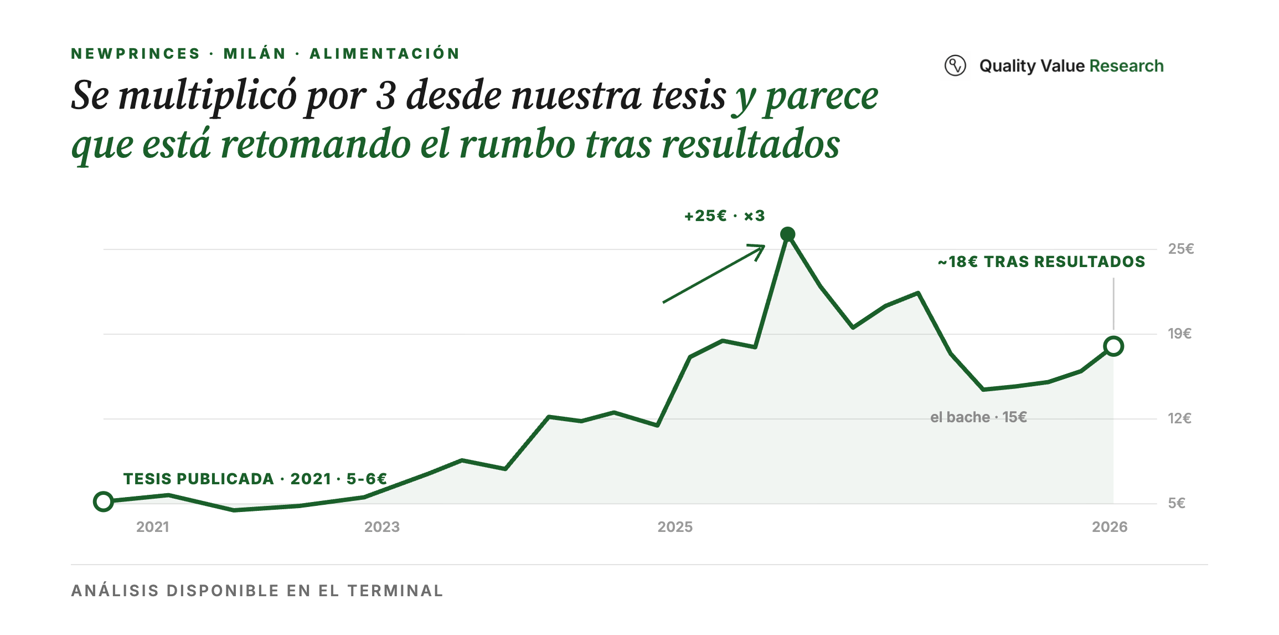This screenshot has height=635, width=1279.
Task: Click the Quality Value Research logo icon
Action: (x=955, y=65)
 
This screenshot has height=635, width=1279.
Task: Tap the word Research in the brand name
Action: (x=1126, y=66)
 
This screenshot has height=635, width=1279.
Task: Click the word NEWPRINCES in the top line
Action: (x=136, y=54)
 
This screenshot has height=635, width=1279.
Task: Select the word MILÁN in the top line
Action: (x=255, y=53)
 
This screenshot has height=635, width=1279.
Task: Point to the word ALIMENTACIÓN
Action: (x=385, y=53)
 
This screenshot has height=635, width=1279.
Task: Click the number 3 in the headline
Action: (x=386, y=95)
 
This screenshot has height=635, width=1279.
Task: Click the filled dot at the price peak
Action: (x=787, y=234)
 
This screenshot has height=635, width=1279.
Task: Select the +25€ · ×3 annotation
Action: (x=725, y=216)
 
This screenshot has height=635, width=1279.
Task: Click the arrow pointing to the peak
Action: (x=714, y=274)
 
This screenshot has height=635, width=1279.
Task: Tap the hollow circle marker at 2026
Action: (x=1113, y=346)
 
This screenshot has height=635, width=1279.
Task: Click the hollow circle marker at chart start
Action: (x=104, y=501)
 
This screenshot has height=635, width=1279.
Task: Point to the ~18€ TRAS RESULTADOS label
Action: (x=1041, y=262)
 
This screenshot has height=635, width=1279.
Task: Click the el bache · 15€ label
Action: (x=978, y=417)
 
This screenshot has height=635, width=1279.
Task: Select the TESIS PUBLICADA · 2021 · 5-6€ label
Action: (x=255, y=479)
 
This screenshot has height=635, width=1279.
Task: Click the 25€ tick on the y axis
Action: (x=1181, y=249)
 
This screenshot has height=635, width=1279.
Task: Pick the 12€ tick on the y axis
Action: (x=1180, y=418)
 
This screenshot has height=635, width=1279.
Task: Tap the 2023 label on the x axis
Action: (x=382, y=527)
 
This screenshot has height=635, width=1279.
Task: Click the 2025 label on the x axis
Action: (x=675, y=527)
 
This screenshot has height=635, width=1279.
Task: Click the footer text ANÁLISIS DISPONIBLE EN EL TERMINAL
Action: (x=257, y=591)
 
